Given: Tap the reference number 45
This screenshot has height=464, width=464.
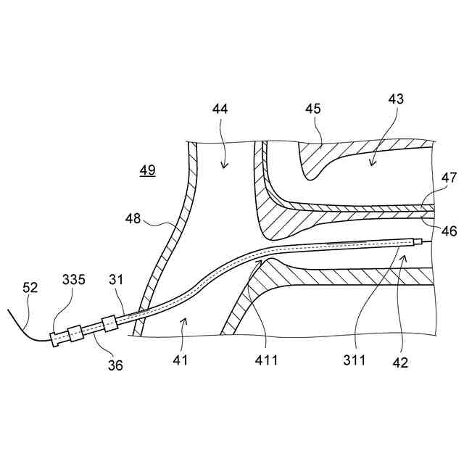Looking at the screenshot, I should coord(313,109).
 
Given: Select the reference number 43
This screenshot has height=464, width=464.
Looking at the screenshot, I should coord(396,99).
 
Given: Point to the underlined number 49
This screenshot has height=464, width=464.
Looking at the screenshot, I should coord(147,170).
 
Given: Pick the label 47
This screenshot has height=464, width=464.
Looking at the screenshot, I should coord(449,177).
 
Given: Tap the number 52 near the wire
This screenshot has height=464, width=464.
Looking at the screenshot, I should coord(30,288).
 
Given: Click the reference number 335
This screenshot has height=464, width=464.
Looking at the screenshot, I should coord(73,279).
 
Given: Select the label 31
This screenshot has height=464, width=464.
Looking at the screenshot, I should coord(117,279).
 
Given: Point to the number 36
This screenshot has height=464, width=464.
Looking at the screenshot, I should coord(116,365).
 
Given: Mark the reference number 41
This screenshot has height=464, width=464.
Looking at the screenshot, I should coord(181,359).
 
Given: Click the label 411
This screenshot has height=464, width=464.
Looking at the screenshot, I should coord(266,359).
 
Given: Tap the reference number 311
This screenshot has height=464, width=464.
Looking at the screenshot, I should coord(356,359).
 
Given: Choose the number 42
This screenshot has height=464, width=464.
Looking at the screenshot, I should coord(400,362).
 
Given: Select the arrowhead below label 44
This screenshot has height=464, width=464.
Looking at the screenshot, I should coord(224,165).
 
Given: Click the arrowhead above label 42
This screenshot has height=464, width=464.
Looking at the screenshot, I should coord(405,257).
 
